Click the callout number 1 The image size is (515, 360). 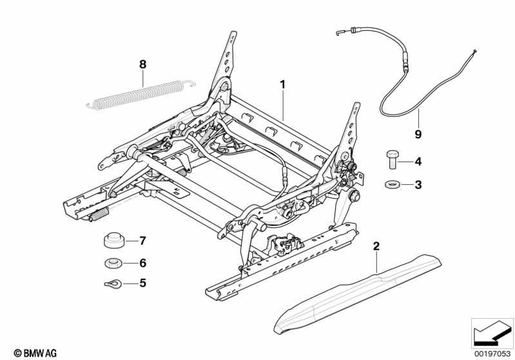tap(282, 84)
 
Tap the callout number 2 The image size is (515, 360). tap(376, 245)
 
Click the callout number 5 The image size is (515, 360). tap(143, 282)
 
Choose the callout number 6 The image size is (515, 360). tap(143, 263)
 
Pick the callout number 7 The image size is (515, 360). tap(143, 241)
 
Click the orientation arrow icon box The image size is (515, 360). tap(492, 332)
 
